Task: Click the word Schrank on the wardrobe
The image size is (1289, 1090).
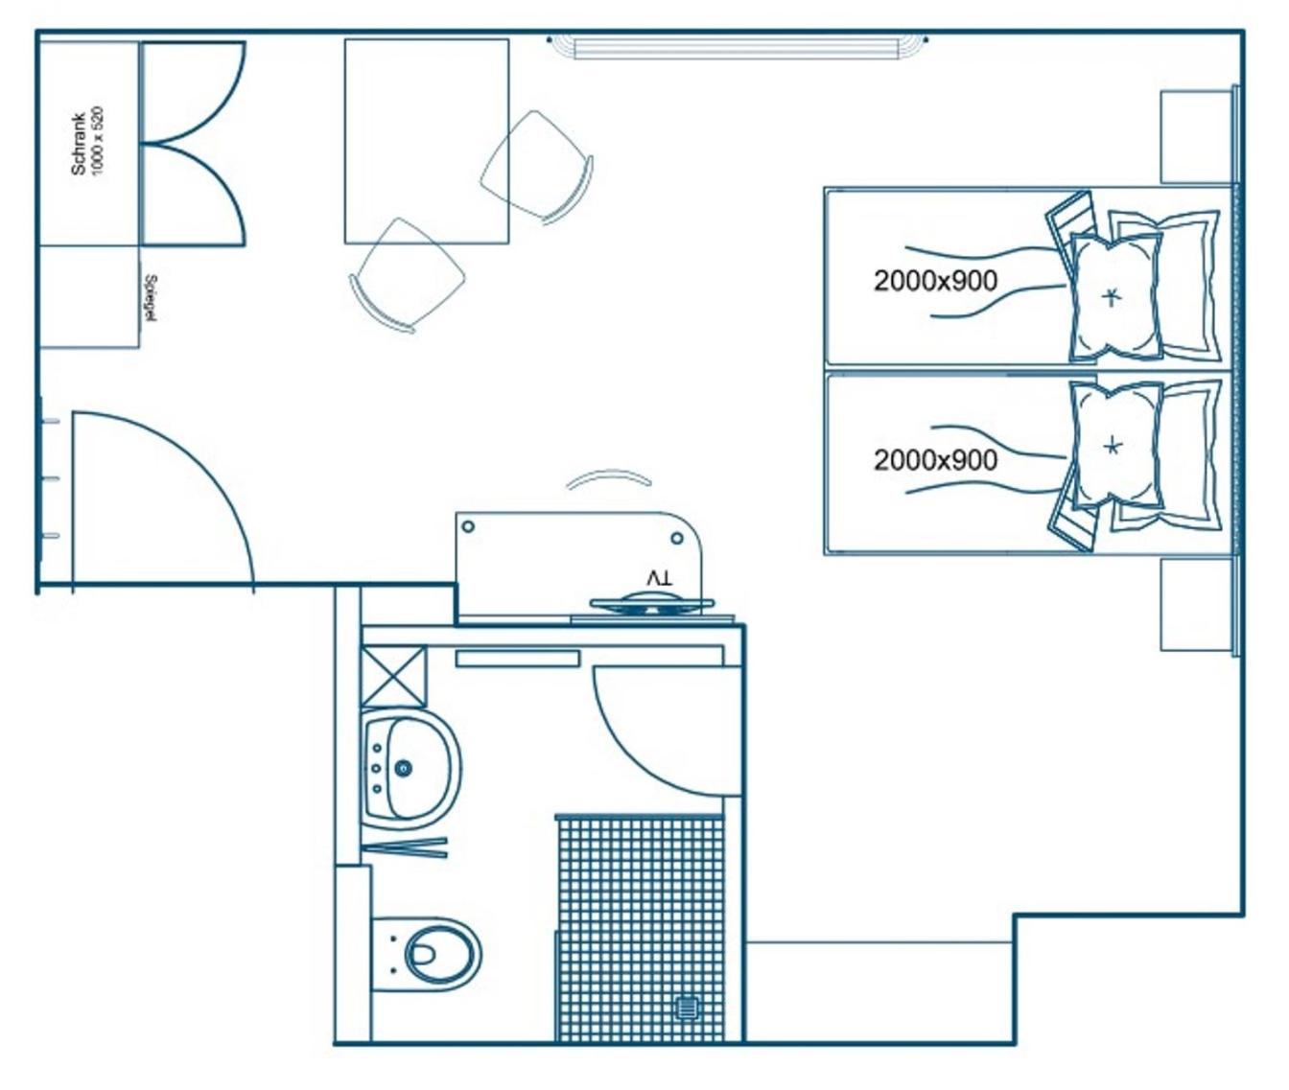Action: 78,144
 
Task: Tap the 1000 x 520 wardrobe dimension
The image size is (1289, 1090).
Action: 98,141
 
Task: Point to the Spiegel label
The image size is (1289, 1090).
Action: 151,298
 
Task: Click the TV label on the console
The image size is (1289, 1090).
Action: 659,579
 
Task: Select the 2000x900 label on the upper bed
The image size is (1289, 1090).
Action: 935,281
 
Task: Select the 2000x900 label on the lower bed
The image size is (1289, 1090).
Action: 935,460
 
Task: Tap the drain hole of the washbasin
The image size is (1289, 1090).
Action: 404,769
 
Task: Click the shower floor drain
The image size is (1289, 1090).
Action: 688,1008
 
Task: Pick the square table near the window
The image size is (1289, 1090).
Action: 427,142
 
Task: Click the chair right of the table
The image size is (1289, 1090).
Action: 537,167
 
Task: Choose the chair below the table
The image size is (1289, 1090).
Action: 407,275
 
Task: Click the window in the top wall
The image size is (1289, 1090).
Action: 738,47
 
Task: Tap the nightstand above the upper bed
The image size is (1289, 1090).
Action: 1196,137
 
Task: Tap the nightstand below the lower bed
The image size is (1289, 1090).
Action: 1196,605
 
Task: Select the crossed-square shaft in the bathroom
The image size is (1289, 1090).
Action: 393,677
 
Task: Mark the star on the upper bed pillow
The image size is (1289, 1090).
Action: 1110,297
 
